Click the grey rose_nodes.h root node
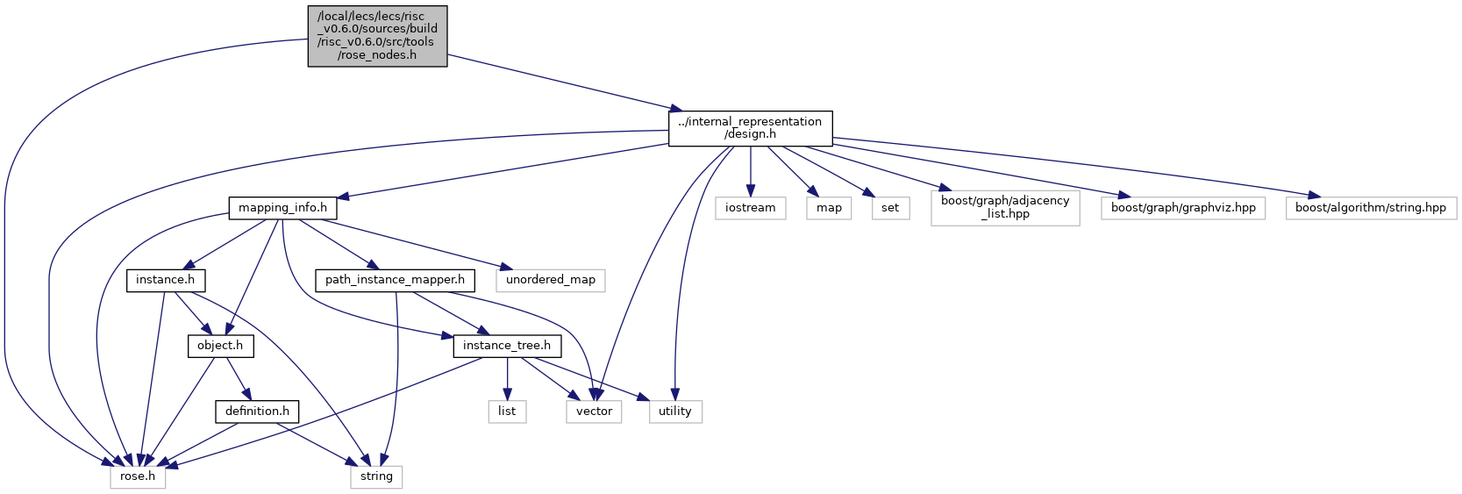[377, 36]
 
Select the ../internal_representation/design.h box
[750, 129]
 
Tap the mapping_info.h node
[282, 208]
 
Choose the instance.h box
[166, 281]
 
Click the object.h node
[221, 346]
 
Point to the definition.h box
[257, 412]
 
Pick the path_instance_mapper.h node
[395, 281]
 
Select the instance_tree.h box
[507, 346]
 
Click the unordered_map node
[551, 281]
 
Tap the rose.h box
[138, 477]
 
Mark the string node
[376, 477]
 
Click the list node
[507, 412]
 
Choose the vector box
[594, 412]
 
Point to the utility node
[675, 412]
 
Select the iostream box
[751, 208]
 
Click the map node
[829, 208]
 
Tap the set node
[890, 208]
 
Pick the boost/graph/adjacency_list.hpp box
[1005, 208]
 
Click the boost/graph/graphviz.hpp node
[1182, 208]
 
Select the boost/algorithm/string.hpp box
[1371, 208]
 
